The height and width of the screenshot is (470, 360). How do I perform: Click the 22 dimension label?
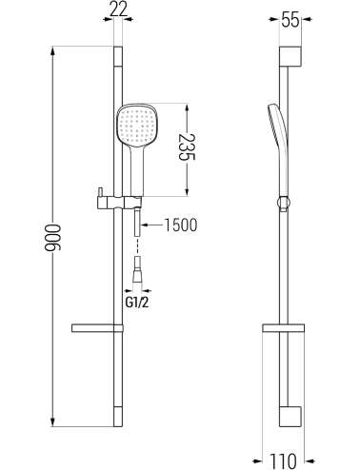[x=118, y=10]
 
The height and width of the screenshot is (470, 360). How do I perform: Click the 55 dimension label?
[x=290, y=21]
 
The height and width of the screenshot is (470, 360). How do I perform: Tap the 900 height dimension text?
[x=52, y=238]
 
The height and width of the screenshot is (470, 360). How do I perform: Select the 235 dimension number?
[x=187, y=147]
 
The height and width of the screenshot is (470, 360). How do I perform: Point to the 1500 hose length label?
[x=181, y=225]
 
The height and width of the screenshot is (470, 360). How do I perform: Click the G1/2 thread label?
[x=137, y=303]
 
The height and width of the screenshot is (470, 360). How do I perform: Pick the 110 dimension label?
[x=283, y=460]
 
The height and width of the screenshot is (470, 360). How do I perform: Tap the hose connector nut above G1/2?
[x=137, y=269]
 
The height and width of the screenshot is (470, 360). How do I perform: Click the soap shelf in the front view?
[x=97, y=328]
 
